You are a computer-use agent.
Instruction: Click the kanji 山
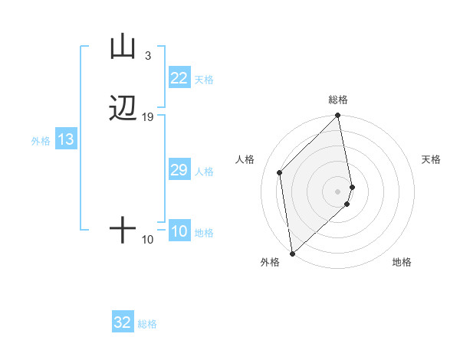(x=123, y=47)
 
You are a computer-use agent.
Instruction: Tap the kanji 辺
(x=123, y=109)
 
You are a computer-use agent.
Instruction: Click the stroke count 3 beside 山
(x=147, y=56)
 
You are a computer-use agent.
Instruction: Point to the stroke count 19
(x=147, y=117)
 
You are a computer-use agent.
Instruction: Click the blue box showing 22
(x=179, y=78)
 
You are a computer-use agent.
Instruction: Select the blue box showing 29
(x=179, y=170)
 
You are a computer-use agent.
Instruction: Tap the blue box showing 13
(x=66, y=140)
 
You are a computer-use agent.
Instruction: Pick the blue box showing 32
(x=123, y=323)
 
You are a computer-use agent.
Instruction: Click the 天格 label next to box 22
(x=204, y=79)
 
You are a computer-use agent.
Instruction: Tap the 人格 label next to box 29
(x=204, y=172)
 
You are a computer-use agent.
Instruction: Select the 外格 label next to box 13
(x=41, y=141)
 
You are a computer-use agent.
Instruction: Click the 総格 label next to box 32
(x=147, y=324)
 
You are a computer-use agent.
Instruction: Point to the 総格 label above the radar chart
(x=338, y=100)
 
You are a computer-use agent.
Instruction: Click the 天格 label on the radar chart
(x=431, y=159)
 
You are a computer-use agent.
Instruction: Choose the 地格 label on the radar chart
(x=402, y=263)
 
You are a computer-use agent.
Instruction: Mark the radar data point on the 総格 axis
(x=338, y=116)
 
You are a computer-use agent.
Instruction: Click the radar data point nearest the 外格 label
(x=292, y=253)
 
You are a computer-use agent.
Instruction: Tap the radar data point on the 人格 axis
(x=280, y=172)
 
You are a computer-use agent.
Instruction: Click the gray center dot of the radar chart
(x=338, y=191)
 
